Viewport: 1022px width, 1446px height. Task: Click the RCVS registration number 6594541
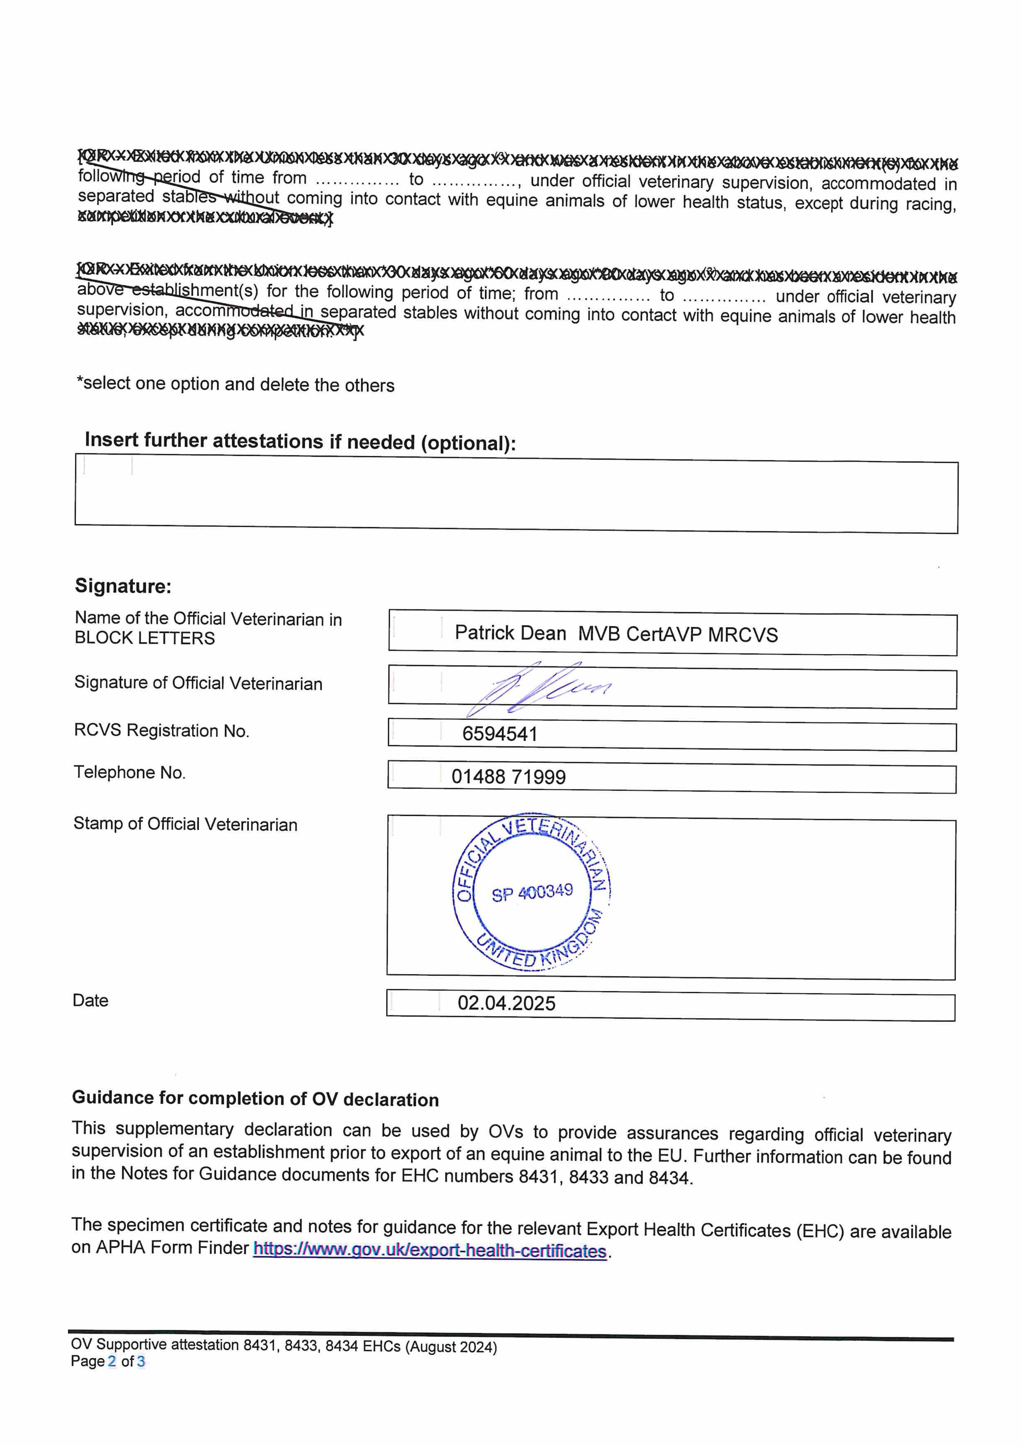(x=499, y=734)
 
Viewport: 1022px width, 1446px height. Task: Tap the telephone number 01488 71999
(x=508, y=777)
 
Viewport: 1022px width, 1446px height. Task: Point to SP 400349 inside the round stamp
(x=532, y=892)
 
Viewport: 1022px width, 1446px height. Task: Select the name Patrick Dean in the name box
(x=510, y=633)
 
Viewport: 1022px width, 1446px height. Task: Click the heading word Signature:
(x=123, y=586)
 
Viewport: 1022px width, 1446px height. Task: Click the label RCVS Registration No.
(x=161, y=731)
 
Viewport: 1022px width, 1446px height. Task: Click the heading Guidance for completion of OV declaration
(x=255, y=1098)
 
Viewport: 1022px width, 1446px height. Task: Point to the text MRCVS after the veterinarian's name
(x=743, y=635)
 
